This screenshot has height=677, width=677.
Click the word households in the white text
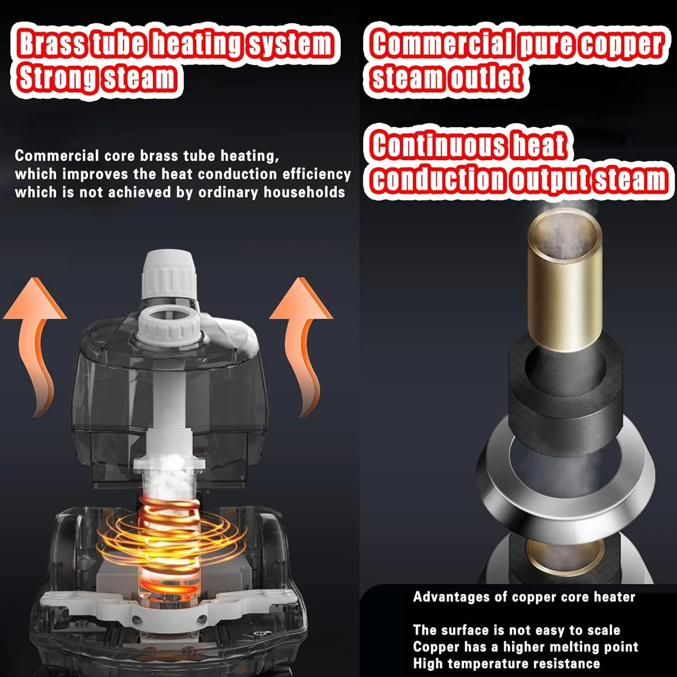point(304,192)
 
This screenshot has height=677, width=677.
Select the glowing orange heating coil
point(169,546)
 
